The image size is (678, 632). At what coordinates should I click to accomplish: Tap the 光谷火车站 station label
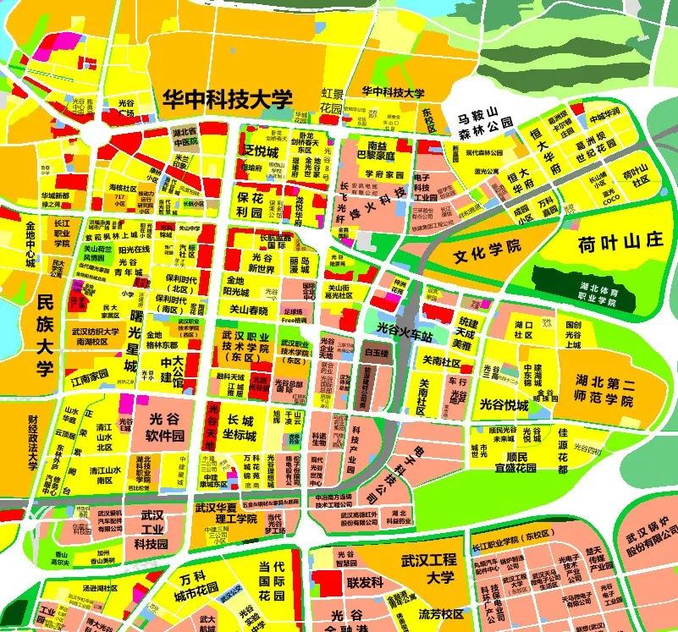coord(405,336)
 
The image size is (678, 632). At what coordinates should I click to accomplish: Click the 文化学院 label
coord(487,252)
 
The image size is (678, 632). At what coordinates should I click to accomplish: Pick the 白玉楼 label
coord(374,348)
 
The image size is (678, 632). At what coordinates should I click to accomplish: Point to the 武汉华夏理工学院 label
coord(225,514)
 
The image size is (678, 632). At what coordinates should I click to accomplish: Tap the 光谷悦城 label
coord(503,406)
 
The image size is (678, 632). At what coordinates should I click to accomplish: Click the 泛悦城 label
coord(262,151)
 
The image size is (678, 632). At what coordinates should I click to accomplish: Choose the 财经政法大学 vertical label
coord(33,443)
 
